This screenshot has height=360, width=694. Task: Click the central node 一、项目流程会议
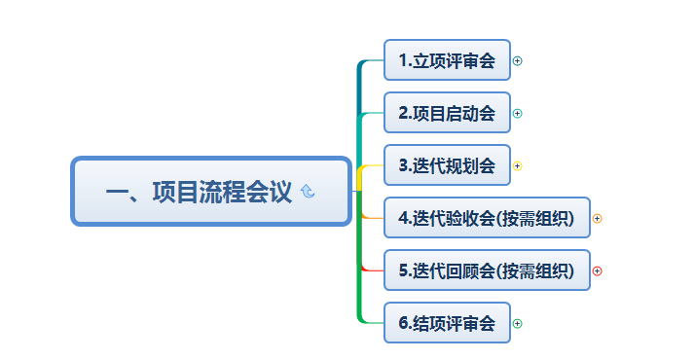pyautogui.click(x=211, y=191)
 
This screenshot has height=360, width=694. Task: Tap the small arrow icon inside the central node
pyautogui.click(x=308, y=191)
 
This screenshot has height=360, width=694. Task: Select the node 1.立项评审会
pyautogui.click(x=447, y=60)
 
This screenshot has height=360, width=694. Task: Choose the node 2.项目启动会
pyautogui.click(x=447, y=113)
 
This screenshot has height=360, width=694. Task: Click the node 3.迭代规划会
pyautogui.click(x=447, y=165)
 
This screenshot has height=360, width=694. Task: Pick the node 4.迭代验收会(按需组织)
pyautogui.click(x=487, y=218)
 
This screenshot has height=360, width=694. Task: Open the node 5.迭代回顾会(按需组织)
pyautogui.click(x=487, y=270)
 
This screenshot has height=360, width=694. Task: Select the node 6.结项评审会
pyautogui.click(x=447, y=323)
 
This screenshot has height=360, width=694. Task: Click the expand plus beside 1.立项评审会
pyautogui.click(x=517, y=60)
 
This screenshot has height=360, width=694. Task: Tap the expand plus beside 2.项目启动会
pyautogui.click(x=517, y=113)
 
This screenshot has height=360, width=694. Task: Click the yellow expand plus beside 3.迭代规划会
pyautogui.click(x=517, y=165)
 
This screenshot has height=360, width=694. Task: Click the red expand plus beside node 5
pyautogui.click(x=597, y=271)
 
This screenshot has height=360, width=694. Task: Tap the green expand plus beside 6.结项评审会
pyautogui.click(x=517, y=323)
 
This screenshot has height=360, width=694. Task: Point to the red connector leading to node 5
pyautogui.click(x=372, y=270)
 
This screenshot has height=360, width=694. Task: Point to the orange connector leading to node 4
pyautogui.click(x=373, y=218)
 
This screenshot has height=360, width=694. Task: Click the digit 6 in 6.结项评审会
pyautogui.click(x=403, y=323)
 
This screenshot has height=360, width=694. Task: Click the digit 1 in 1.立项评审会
pyautogui.click(x=403, y=60)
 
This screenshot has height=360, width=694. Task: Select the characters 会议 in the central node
pyautogui.click(x=269, y=192)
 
